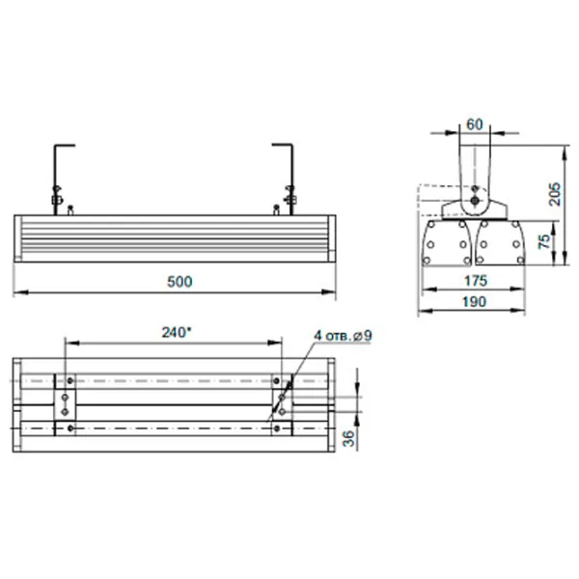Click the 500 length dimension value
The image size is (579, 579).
[179, 281]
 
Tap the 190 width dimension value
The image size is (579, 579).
[472, 301]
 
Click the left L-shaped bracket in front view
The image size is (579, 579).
[59, 174]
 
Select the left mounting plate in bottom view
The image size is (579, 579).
[65, 400]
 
